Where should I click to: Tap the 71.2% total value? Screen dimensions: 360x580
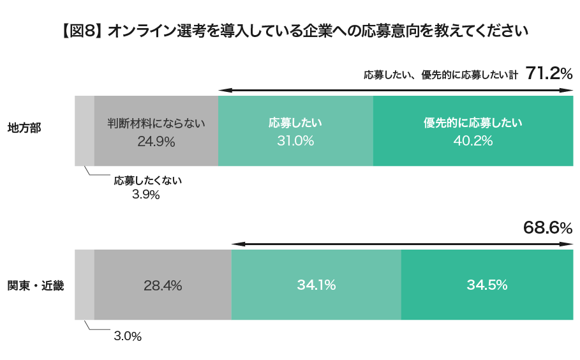click(549, 73)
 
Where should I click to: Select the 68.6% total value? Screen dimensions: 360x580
click(547, 227)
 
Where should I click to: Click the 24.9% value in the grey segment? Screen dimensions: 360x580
click(156, 142)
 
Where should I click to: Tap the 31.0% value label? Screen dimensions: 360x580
click(295, 142)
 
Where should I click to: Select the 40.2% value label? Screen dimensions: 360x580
click(473, 142)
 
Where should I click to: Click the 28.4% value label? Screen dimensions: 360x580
click(163, 285)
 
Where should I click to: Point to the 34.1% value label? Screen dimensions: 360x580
click(316, 285)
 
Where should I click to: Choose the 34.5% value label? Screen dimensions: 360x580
click(487, 285)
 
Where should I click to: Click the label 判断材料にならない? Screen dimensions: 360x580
click(156, 123)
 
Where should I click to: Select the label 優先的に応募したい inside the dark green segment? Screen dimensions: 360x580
click(473, 123)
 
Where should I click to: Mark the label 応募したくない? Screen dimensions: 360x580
click(148, 181)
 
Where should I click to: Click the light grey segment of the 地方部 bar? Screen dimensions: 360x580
click(84, 131)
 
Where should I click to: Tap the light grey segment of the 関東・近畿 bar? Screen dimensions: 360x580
click(84, 285)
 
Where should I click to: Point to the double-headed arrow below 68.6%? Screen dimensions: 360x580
click(402, 243)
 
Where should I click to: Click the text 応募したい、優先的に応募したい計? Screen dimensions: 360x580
click(441, 75)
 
